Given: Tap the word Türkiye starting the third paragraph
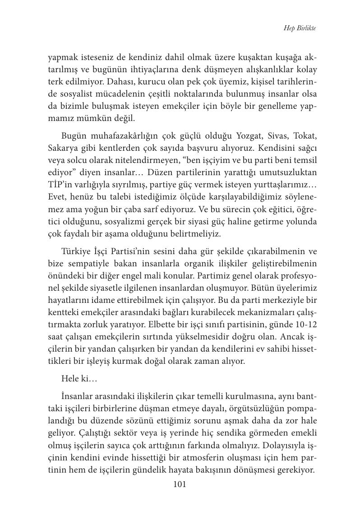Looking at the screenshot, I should (76, 251).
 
